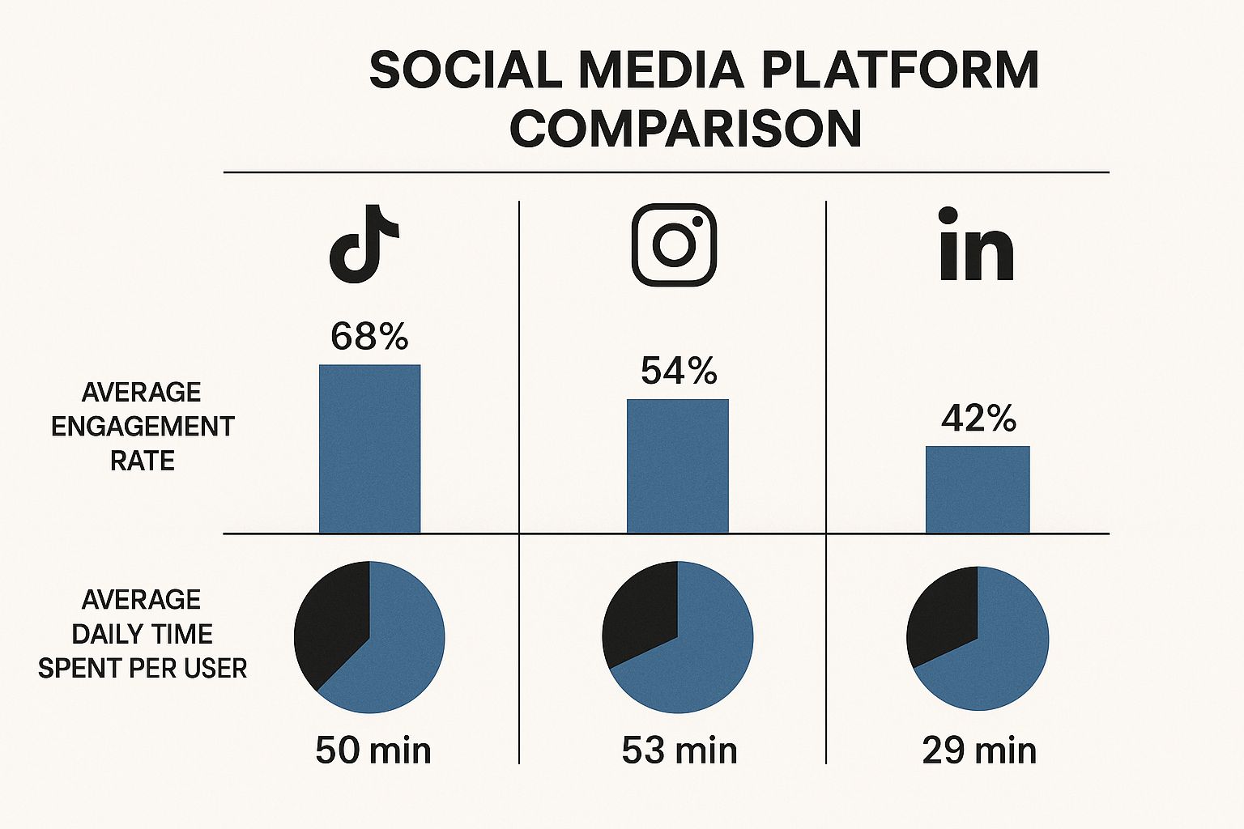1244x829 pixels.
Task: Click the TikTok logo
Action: pos(363,244)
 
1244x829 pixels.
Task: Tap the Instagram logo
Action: pos(674,244)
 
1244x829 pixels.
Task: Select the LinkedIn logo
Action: pos(976,244)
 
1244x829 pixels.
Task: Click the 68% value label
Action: pos(369,336)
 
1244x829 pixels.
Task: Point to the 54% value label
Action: pos(679,371)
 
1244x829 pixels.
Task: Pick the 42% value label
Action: pos(978,419)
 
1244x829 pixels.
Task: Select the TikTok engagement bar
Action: pos(369,449)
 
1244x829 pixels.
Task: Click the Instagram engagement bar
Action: pos(677,466)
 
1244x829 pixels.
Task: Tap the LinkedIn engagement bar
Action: pos(978,490)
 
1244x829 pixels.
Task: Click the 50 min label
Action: pos(373,750)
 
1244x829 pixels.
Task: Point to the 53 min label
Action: pos(680,750)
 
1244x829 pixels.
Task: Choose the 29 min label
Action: pos(979,750)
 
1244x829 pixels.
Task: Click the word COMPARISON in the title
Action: pos(685,129)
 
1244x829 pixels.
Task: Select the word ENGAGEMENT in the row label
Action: pos(143,427)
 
